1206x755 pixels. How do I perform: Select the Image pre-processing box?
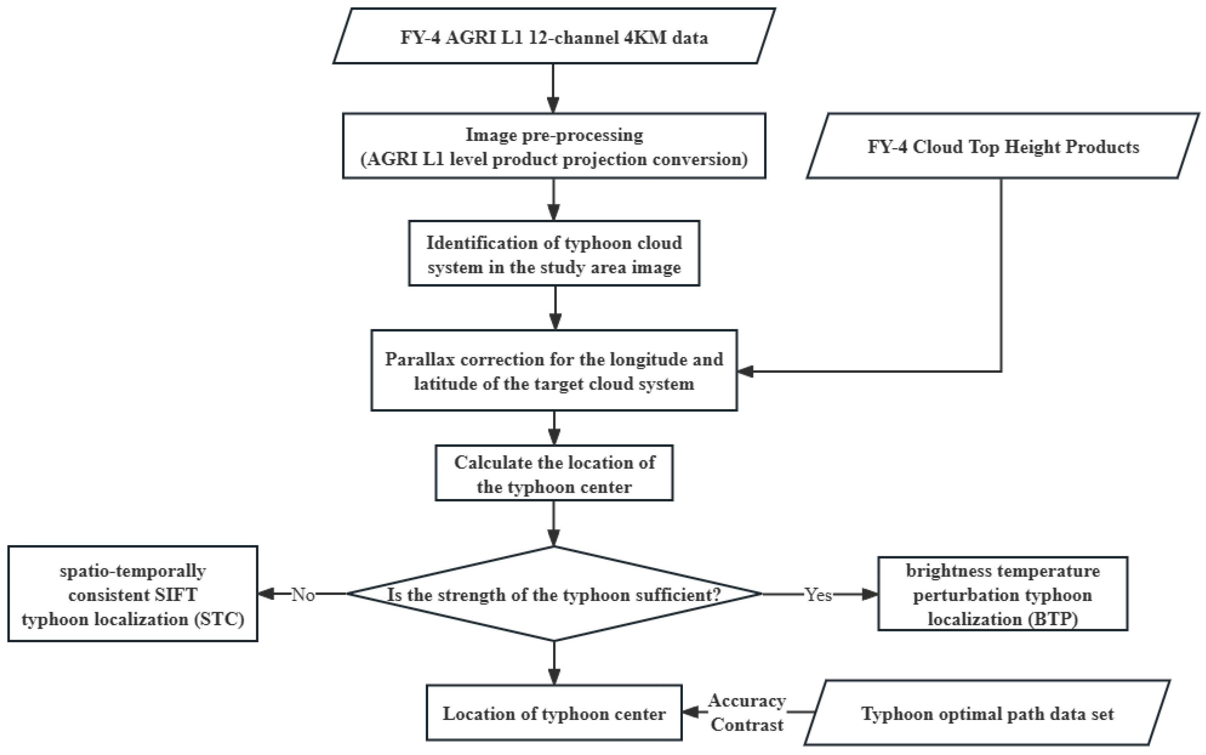pos(554,146)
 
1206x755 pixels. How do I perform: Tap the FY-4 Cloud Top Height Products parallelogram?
pos(1003,146)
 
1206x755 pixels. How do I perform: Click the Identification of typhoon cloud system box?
pos(554,254)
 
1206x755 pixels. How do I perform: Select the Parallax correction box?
pos(554,370)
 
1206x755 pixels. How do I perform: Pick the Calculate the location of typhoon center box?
pos(554,474)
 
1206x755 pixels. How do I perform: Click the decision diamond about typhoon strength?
pos(554,594)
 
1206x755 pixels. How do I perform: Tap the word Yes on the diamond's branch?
pos(818,595)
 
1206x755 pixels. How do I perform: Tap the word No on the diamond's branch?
pos(303,595)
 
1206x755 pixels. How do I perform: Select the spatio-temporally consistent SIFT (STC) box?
pos(133,594)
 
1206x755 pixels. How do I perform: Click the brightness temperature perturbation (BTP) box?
pos(1002,594)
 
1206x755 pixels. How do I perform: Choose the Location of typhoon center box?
pos(554,713)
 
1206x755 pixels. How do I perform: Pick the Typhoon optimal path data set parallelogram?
pos(987,713)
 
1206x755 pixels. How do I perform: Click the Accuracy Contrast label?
pos(747,713)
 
